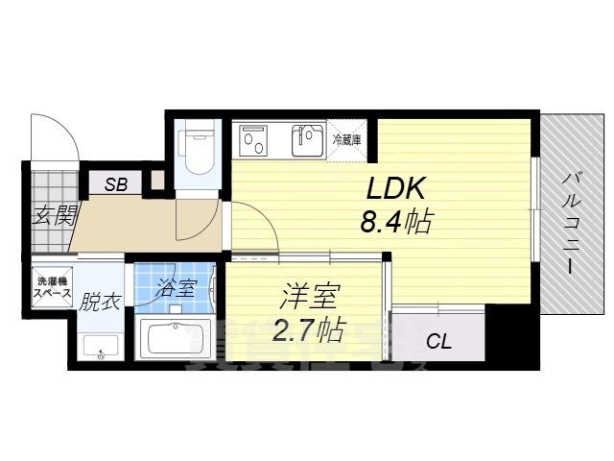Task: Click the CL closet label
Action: pyautogui.click(x=438, y=339)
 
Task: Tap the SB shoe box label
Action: pyautogui.click(x=115, y=184)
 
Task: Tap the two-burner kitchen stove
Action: pyautogui.click(x=257, y=141)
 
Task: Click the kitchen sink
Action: pyautogui.click(x=307, y=141)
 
